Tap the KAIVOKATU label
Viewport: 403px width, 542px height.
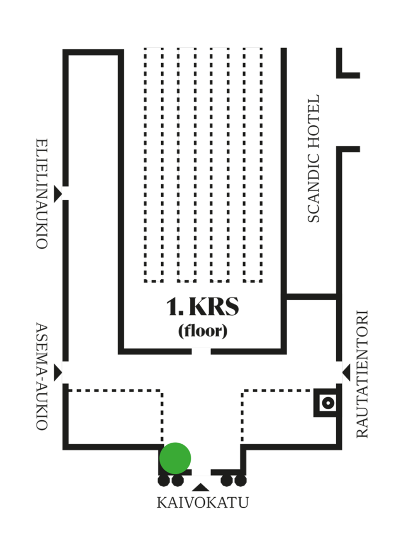click(x=202, y=503)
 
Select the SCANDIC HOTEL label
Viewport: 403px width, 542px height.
click(x=313, y=158)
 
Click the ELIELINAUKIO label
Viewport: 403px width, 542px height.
click(x=41, y=193)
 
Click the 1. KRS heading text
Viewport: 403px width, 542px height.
click(x=202, y=307)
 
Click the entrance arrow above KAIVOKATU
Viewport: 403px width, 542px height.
click(x=201, y=486)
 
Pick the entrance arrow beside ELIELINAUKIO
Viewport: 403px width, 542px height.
click(x=57, y=193)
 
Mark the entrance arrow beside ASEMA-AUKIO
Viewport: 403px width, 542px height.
click(x=57, y=372)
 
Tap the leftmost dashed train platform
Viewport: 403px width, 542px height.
click(x=154, y=165)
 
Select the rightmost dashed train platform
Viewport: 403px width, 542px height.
click(x=253, y=165)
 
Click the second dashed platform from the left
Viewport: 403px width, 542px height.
click(x=187, y=165)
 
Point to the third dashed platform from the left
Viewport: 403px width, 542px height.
click(x=220, y=165)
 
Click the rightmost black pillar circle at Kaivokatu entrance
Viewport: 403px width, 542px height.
click(x=240, y=480)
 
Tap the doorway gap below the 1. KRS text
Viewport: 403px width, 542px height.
click(x=201, y=351)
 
